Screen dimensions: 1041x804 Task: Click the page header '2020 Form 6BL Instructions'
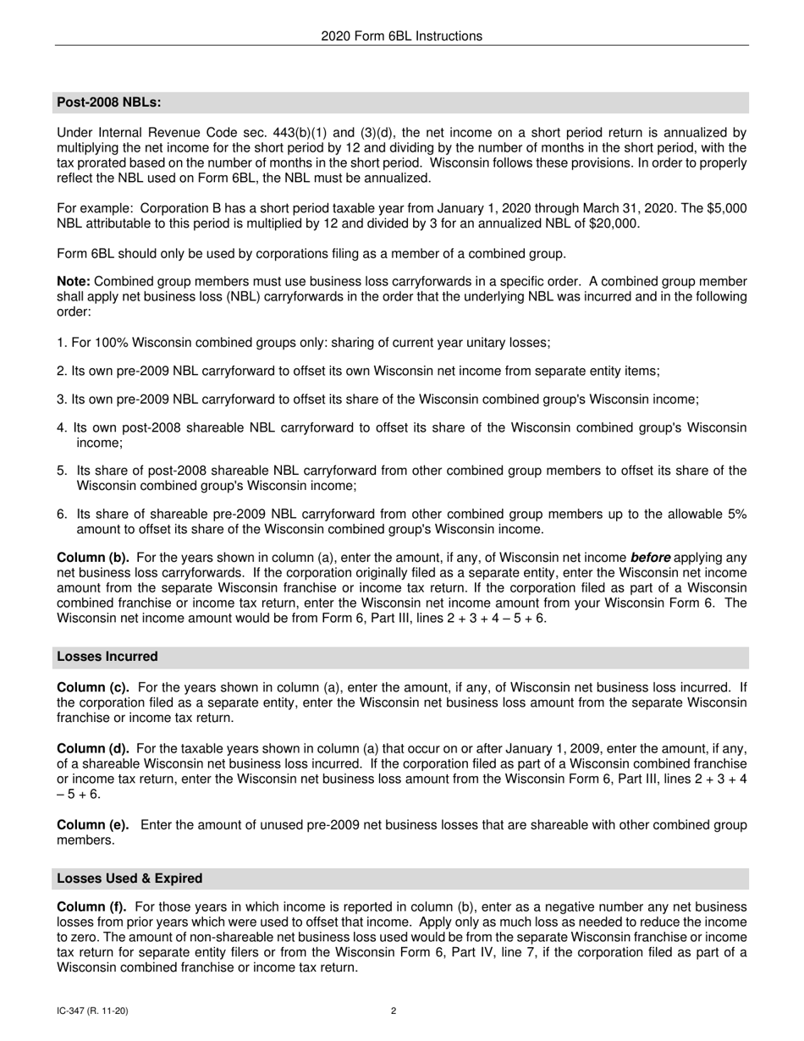tap(401, 36)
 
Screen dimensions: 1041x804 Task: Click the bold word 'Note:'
tap(74, 281)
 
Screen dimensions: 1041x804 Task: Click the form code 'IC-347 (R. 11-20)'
tap(93, 1011)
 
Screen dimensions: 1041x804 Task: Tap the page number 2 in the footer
tap(394, 1011)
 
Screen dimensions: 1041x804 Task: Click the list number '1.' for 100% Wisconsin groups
tap(62, 343)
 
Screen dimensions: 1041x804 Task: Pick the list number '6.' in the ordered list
tap(62, 515)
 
